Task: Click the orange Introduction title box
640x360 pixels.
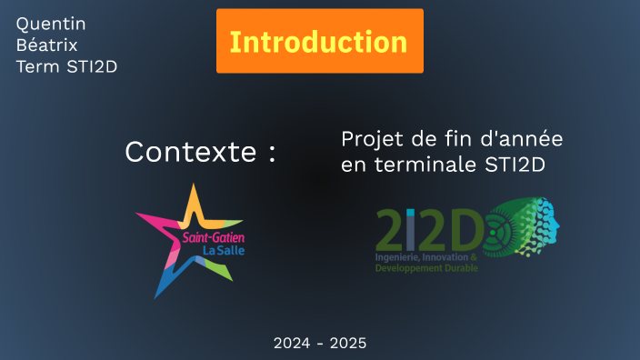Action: [319, 42]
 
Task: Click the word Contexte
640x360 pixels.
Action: [191, 152]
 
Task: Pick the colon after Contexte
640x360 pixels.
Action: [271, 154]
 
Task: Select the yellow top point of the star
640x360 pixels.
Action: [193, 200]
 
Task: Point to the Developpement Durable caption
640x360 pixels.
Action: [426, 268]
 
